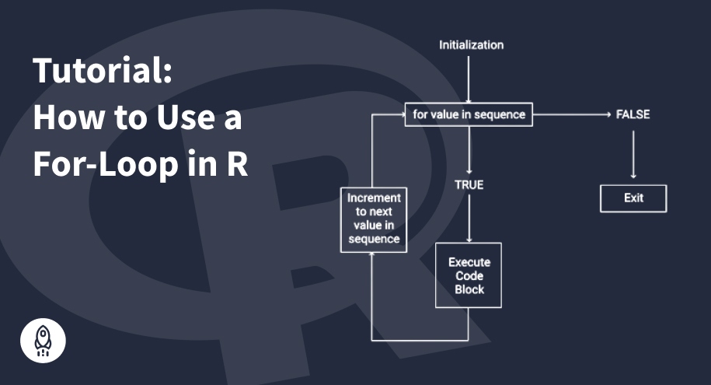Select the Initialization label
click(471, 45)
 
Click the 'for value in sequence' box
click(469, 115)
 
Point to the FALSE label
click(633, 115)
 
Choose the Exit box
click(633, 198)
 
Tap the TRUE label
click(469, 185)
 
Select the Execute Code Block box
click(469, 275)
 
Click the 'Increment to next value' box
click(373, 219)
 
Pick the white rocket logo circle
click(43, 339)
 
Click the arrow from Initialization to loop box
click(469, 78)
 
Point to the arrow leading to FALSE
click(571, 115)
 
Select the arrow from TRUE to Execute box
click(469, 222)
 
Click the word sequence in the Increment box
click(373, 240)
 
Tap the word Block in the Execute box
click(469, 289)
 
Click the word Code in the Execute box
click(469, 276)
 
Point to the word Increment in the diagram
click(373, 198)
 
